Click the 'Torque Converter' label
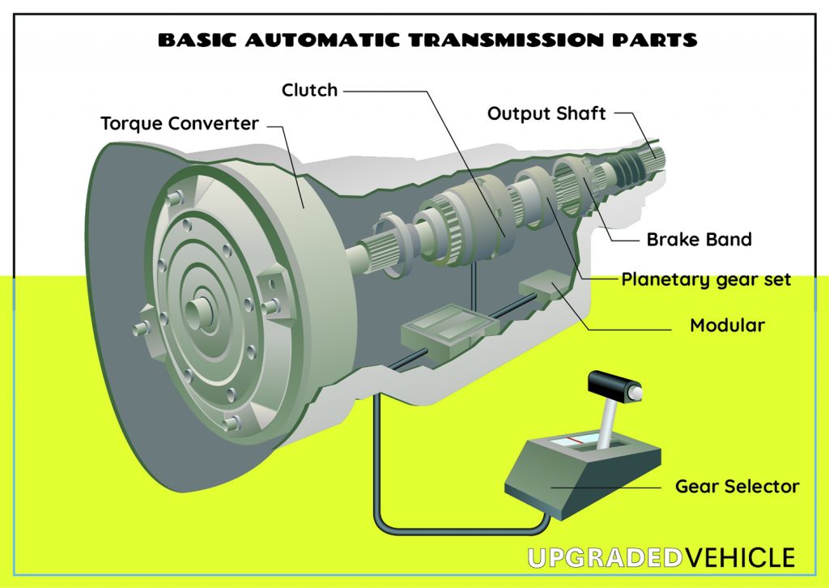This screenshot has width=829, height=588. [x=180, y=124]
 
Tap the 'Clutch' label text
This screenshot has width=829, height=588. [x=309, y=90]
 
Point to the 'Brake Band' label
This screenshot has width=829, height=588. [x=699, y=240]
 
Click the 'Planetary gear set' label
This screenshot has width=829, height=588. [x=705, y=280]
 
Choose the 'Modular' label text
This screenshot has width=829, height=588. [x=727, y=326]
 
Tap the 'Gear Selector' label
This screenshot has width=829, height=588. [x=737, y=487]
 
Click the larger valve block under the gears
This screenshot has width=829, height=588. [x=449, y=330]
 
